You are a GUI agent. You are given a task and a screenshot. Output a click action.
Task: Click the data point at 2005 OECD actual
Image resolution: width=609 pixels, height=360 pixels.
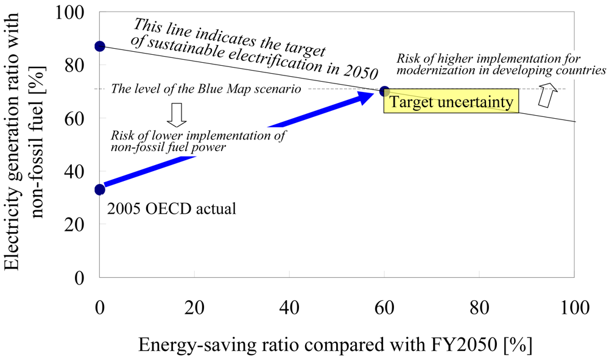pos(100,189)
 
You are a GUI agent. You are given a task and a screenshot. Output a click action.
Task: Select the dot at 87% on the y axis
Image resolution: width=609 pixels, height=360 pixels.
pos(100,46)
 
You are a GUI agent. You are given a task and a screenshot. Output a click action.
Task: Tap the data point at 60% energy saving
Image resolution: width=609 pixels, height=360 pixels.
pos(384,91)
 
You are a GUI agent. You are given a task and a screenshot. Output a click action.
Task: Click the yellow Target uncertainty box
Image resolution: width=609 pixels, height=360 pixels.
pos(451,102)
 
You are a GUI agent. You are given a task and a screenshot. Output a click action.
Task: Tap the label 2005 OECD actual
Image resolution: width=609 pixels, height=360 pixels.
pos(171,209)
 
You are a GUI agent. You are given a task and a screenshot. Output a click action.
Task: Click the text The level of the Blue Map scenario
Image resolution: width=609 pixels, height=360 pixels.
pos(205,89)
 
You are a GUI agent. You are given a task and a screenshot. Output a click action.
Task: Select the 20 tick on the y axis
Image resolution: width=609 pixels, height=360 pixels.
pos(77,224)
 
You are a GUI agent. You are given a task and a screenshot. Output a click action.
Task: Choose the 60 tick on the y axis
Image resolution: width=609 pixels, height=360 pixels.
pos(77,118)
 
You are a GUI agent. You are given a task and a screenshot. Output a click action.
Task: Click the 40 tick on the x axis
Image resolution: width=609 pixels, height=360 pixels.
pos(289,306)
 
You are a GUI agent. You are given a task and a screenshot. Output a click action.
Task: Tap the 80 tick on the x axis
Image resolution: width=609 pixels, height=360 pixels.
pos(479,306)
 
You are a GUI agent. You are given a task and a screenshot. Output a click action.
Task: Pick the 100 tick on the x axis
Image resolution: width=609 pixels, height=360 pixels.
pos(574,306)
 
